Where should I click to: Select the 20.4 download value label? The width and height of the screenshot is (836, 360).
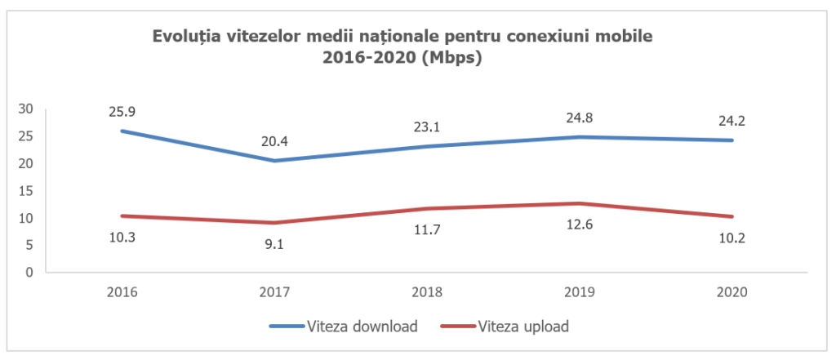[274, 141]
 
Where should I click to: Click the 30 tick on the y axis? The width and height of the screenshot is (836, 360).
[26, 109]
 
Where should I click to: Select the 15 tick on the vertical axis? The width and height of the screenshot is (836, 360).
[26, 191]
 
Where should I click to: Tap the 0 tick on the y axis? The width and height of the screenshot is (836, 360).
[29, 273]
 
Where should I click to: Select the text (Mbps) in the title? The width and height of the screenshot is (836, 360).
[449, 59]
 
